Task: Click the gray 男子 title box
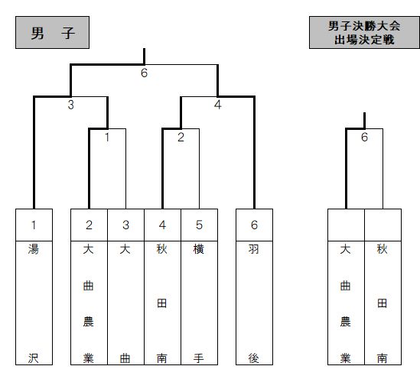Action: tap(52, 32)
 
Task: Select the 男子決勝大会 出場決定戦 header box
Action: tap(364, 32)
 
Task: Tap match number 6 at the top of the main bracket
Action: tap(144, 73)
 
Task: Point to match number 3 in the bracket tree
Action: tap(70, 105)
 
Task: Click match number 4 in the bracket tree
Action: tap(218, 105)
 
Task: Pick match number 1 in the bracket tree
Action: tap(107, 138)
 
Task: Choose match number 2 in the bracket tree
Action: tap(181, 138)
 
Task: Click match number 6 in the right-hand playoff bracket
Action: tap(364, 138)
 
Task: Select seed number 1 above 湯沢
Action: tap(34, 225)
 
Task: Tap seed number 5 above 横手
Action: tap(199, 225)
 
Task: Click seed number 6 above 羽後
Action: tap(254, 225)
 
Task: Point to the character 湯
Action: tap(34, 249)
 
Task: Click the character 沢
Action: tap(34, 358)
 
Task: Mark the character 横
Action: tap(199, 249)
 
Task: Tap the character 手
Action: tap(199, 358)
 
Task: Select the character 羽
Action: tap(254, 249)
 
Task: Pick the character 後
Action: tap(254, 358)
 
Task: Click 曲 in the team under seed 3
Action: tap(125, 358)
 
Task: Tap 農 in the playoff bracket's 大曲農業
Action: tap(346, 322)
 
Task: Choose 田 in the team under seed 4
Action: tap(161, 303)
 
